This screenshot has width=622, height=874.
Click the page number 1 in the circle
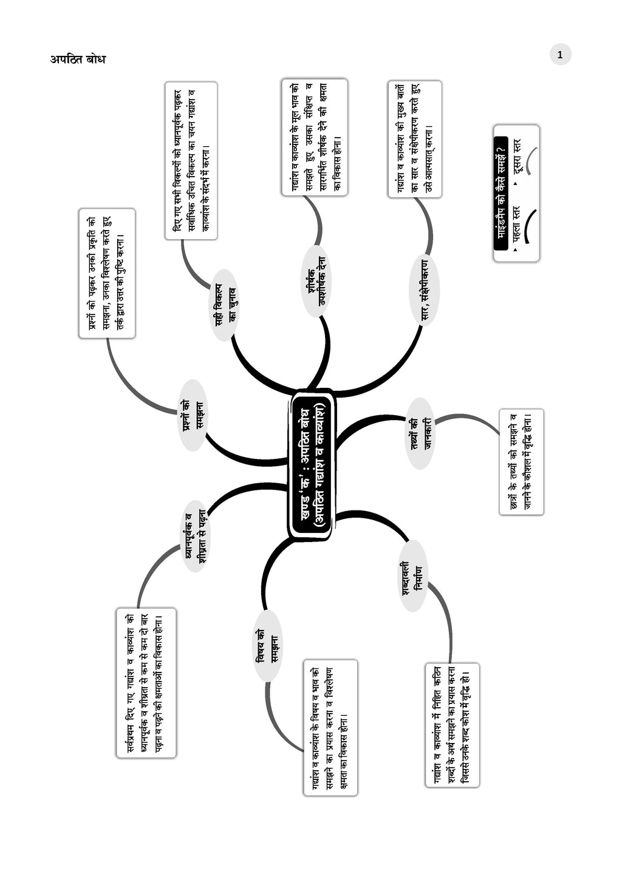coord(560,55)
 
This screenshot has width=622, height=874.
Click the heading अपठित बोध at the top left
coord(78,59)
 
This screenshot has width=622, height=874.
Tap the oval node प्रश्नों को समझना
coord(194,415)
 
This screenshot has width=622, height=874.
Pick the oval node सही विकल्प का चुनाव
coord(225,305)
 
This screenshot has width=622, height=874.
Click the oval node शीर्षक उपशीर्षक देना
coord(316,282)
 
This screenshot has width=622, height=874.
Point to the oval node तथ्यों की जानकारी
coord(420,433)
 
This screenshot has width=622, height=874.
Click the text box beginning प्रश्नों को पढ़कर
coord(107,273)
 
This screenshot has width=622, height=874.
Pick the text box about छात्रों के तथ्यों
coord(521,462)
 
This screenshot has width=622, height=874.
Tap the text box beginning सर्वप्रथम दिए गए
coord(146,683)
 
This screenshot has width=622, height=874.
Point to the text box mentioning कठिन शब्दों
coord(452,725)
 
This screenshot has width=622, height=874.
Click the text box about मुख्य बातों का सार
coord(414,139)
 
